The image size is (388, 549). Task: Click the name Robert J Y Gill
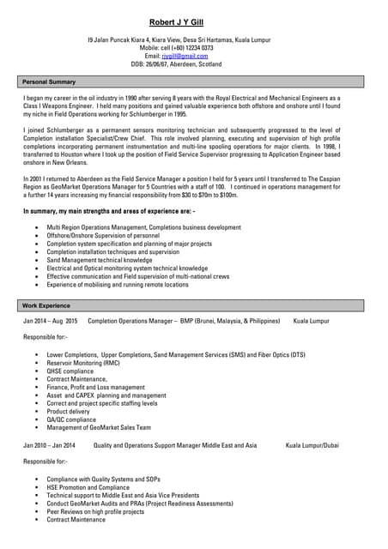click(x=194, y=21)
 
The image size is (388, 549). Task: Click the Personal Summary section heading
click(x=49, y=81)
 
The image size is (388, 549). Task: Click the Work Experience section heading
click(x=46, y=305)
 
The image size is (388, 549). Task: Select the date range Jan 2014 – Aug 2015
click(x=51, y=321)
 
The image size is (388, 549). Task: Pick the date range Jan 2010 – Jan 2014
click(x=49, y=445)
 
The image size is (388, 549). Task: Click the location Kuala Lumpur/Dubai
click(x=312, y=445)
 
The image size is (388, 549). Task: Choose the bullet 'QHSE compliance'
click(x=70, y=371)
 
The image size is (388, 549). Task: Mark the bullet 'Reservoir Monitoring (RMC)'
click(x=83, y=363)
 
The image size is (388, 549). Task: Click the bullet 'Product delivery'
click(x=69, y=411)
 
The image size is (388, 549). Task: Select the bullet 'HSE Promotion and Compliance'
click(x=88, y=487)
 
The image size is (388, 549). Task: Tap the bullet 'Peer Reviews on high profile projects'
click(x=96, y=511)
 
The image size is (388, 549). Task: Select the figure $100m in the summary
click(x=226, y=194)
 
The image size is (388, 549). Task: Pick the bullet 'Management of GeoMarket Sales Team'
click(x=99, y=427)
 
